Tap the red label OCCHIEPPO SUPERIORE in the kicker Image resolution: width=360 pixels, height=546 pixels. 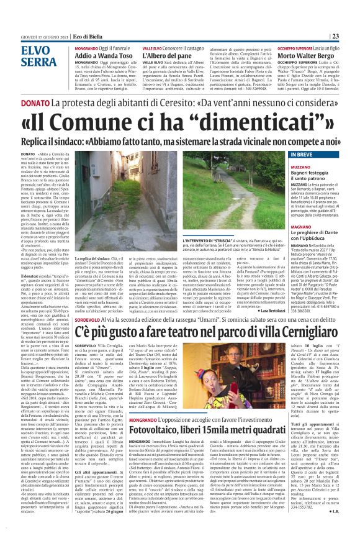(294, 47)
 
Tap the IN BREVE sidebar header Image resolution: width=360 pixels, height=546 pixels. (301, 153)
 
